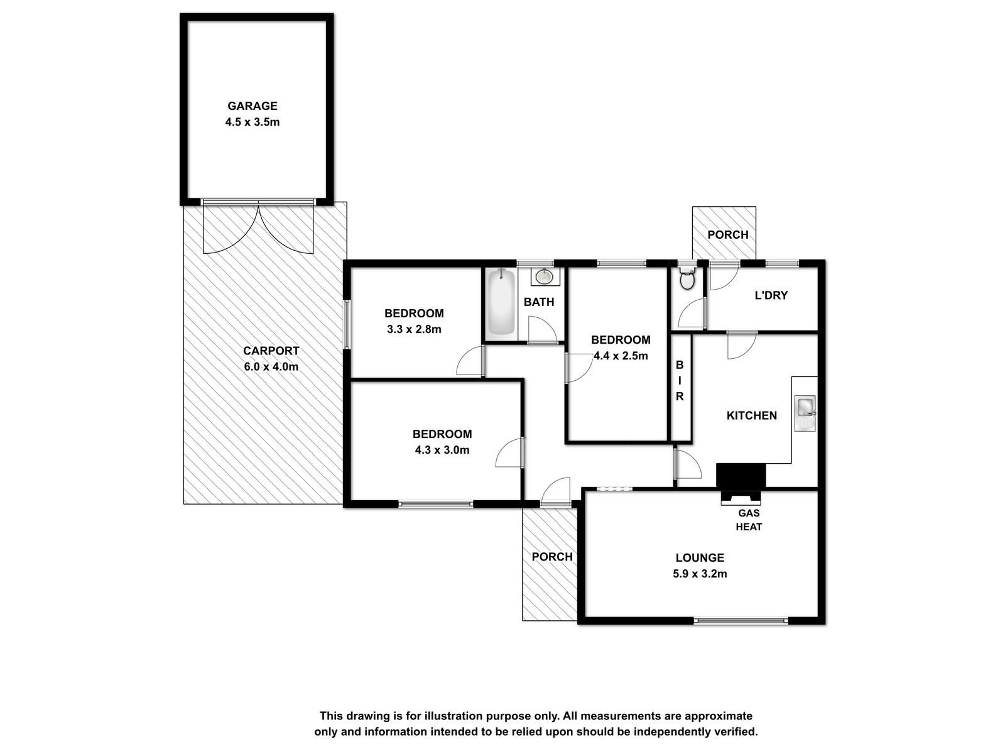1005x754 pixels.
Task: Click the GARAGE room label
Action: pyautogui.click(x=253, y=106)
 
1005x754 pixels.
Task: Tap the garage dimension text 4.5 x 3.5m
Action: pyautogui.click(x=253, y=122)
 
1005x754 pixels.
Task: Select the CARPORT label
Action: pyautogui.click(x=271, y=351)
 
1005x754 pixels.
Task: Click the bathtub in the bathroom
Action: pyautogui.click(x=501, y=302)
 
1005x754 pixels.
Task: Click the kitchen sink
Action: pyautogui.click(x=805, y=413)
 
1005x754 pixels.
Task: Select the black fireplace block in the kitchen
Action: pyautogui.click(x=741, y=475)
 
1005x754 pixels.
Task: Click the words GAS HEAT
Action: pyautogui.click(x=749, y=520)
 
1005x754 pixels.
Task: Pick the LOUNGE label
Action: pyautogui.click(x=700, y=557)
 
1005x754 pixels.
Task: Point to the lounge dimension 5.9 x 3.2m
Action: pyautogui.click(x=700, y=574)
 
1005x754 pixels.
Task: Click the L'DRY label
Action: pyautogui.click(x=771, y=295)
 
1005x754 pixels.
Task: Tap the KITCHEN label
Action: pyautogui.click(x=752, y=415)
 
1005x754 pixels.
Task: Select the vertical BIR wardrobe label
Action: pyautogui.click(x=680, y=380)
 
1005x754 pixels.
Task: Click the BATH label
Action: pyautogui.click(x=539, y=302)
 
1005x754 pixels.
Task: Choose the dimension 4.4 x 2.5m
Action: pyautogui.click(x=621, y=356)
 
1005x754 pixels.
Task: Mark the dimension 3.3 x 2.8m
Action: pyautogui.click(x=415, y=329)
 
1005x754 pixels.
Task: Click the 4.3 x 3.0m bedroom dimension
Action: pyautogui.click(x=442, y=449)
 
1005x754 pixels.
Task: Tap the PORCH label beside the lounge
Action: pyautogui.click(x=552, y=557)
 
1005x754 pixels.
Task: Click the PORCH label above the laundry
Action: pyautogui.click(x=728, y=234)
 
